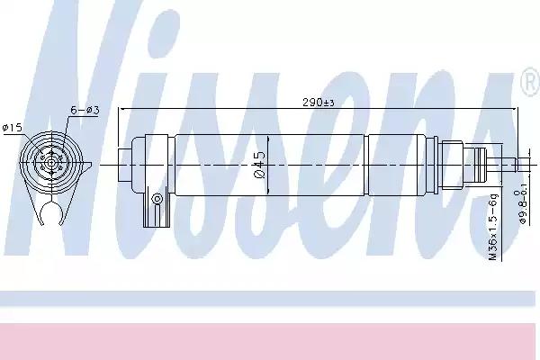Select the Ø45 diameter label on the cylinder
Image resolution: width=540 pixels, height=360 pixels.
pos(259,166)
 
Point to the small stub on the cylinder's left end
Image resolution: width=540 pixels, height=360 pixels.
pos(125,164)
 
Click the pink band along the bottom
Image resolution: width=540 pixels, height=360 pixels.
pos(270,342)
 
